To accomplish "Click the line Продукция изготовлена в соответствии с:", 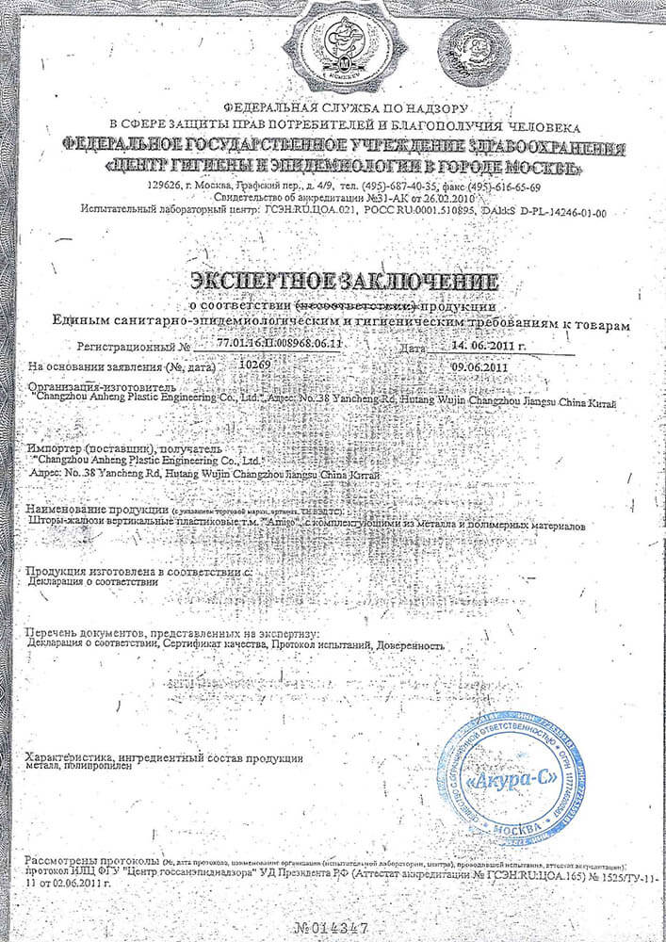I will pyautogui.click(x=138, y=571).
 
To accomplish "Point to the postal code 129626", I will pyautogui.click(x=166, y=185).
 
